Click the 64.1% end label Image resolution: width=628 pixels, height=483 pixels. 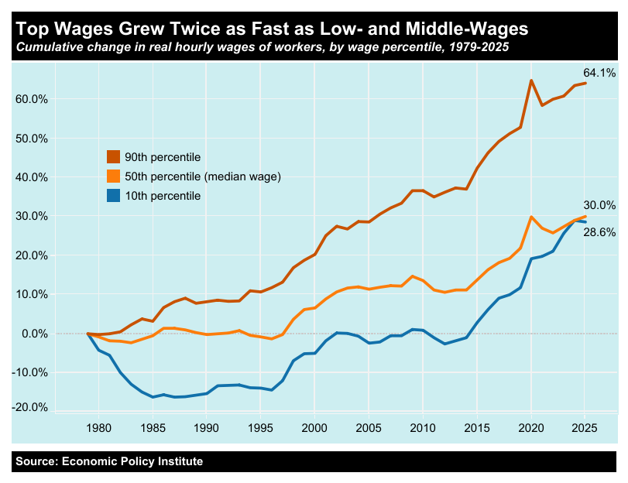click(599, 74)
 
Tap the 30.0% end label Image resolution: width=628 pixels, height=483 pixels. click(599, 205)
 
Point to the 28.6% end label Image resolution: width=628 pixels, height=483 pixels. click(599, 232)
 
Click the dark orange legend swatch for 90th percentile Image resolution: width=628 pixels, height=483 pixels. click(113, 157)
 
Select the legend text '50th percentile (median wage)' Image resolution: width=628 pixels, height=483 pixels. click(202, 176)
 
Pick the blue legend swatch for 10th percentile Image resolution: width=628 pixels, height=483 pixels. click(113, 196)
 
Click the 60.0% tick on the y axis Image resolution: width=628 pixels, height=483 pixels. click(32, 99)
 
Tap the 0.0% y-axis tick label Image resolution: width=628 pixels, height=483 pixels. click(34, 334)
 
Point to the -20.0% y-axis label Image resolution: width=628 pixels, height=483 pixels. click(30, 408)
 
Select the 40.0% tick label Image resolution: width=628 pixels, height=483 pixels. click(32, 177)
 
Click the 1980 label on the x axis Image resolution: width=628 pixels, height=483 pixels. click(98, 426)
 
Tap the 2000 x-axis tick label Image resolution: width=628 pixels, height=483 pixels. click(314, 426)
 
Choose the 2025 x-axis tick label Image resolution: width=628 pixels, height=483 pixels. click(585, 426)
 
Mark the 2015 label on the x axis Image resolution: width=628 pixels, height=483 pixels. click(476, 426)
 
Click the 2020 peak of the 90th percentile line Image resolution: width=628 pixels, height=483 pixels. click(530, 80)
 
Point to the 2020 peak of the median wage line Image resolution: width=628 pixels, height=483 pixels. click(530, 218)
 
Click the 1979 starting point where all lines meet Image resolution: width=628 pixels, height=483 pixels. click(88, 334)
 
